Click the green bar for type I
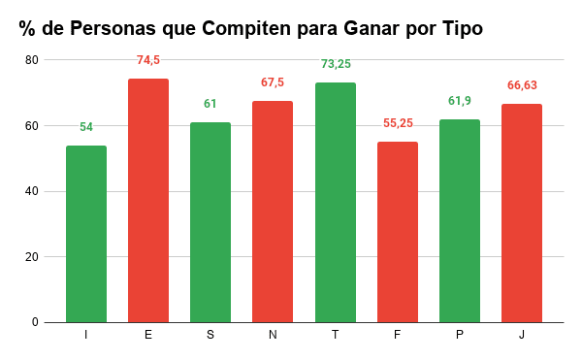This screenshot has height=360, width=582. (85, 234)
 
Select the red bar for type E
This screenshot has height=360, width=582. (147, 200)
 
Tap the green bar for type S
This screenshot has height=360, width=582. (210, 222)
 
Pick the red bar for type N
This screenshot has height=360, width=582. (273, 212)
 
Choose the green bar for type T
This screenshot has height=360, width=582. (335, 202)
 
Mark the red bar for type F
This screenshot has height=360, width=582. (397, 232)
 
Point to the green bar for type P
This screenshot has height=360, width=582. (459, 220)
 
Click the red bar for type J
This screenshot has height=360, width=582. (522, 213)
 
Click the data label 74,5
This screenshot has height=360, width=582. (147, 60)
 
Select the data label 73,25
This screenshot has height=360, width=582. (335, 64)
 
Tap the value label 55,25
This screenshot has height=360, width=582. (397, 123)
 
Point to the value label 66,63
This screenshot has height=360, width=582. (522, 85)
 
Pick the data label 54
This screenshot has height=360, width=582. (85, 127)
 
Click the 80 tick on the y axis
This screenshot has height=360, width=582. (31, 60)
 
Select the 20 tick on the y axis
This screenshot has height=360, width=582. (31, 257)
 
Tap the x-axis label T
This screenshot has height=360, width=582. (335, 335)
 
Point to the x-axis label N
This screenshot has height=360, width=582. (273, 335)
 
